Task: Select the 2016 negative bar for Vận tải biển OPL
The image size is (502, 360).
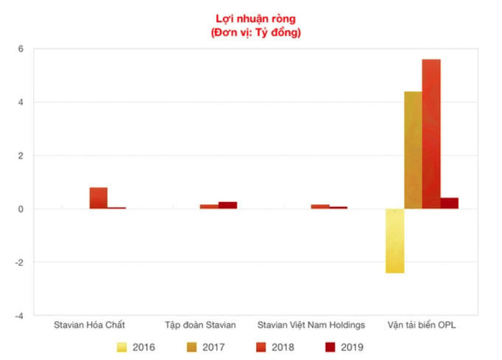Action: [395, 241]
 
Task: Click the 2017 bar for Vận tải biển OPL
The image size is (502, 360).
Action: [413, 150]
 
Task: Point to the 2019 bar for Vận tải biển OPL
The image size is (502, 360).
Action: [450, 203]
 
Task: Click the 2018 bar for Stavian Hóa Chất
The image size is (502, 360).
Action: [98, 198]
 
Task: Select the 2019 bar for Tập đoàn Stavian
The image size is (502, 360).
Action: [227, 205]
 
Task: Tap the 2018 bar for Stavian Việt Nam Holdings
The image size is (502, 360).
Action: [320, 207]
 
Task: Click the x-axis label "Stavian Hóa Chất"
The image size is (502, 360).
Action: [89, 325]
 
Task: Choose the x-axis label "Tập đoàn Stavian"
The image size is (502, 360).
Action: [200, 325]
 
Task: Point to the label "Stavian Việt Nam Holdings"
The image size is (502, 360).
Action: [311, 325]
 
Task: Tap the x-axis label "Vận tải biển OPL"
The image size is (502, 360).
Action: [422, 325]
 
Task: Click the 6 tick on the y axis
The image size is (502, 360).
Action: [21, 49]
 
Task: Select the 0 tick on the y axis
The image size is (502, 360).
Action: [21, 210]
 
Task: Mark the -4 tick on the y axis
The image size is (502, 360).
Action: [20, 316]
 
